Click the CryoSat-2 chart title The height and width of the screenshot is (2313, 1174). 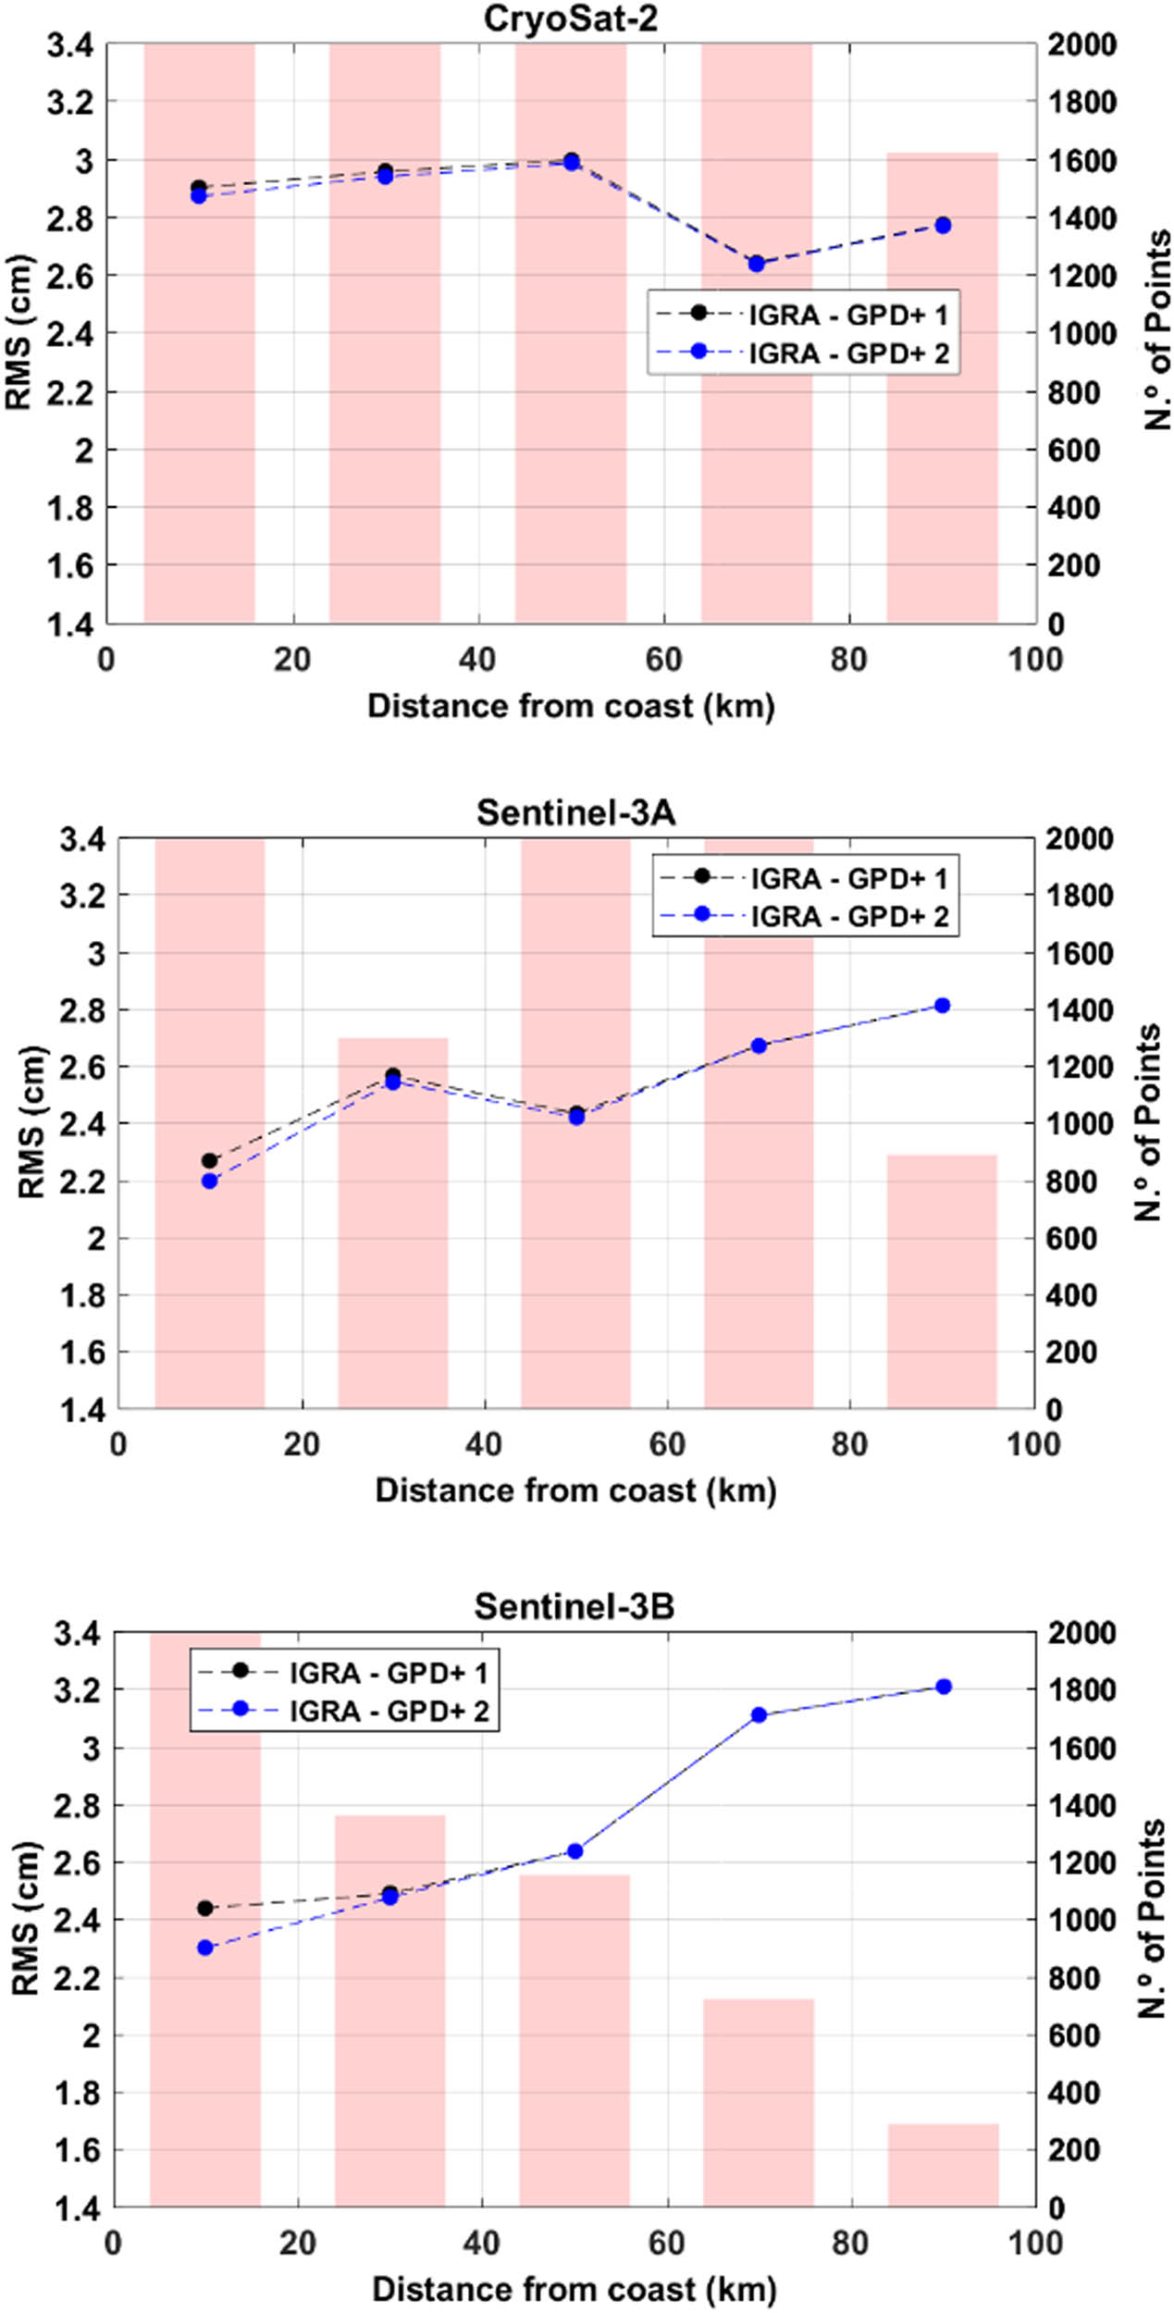(571, 19)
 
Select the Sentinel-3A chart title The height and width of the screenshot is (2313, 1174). (575, 811)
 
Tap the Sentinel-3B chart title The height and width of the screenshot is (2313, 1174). (574, 1605)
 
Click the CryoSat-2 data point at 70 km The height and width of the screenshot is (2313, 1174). (757, 264)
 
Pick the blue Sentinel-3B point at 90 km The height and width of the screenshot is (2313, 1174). (944, 1687)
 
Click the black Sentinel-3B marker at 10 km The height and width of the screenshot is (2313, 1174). (205, 1908)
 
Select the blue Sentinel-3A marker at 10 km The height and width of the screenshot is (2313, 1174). (209, 1181)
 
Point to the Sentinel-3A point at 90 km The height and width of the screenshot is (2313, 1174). (942, 1006)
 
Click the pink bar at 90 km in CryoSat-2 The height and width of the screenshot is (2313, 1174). (942, 389)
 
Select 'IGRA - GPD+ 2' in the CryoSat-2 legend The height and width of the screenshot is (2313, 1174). (848, 353)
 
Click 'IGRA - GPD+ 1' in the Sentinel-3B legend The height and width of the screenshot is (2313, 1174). (389, 1673)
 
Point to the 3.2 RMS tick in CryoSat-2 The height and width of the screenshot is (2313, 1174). (71, 102)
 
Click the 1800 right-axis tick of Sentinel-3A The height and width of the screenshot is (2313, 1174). (1080, 896)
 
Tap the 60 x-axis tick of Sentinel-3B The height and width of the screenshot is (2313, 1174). (666, 2242)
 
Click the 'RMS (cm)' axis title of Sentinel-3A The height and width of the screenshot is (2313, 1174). (32, 1121)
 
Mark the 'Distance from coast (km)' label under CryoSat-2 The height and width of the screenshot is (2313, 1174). (571, 706)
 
